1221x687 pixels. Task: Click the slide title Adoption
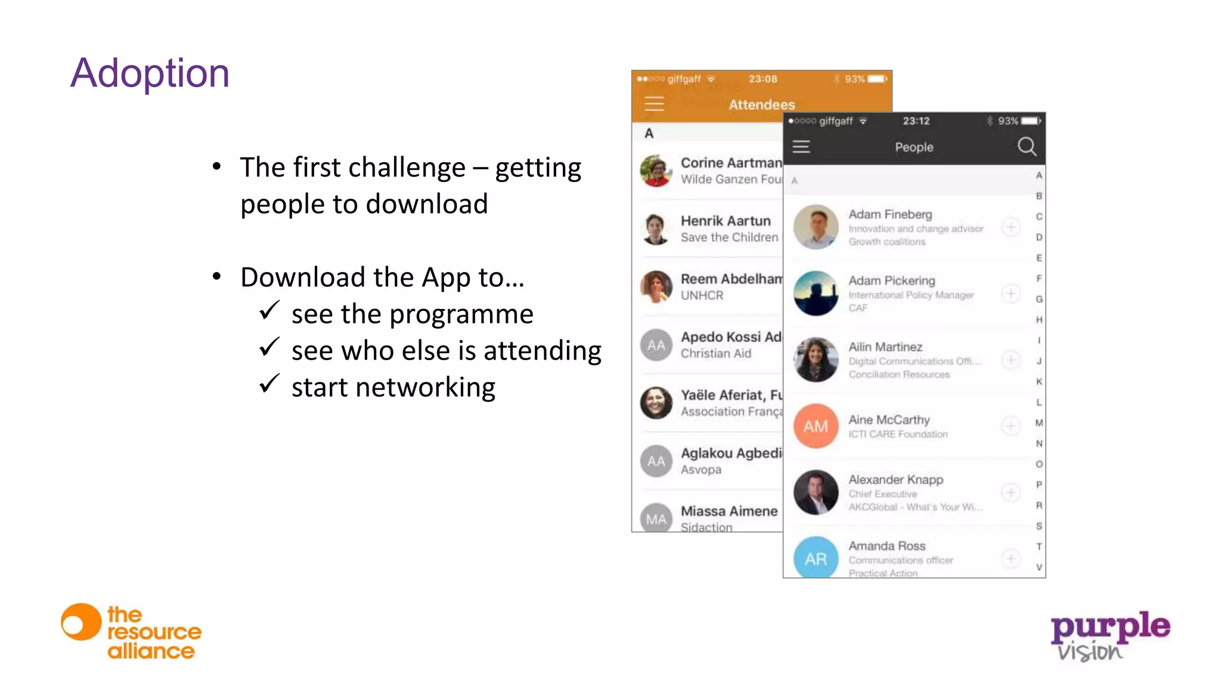(x=150, y=73)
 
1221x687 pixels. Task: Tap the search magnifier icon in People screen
(x=1027, y=146)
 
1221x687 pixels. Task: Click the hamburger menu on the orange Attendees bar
(x=654, y=104)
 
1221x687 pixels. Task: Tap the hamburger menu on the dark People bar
(x=801, y=147)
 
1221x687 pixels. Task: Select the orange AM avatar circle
(x=816, y=426)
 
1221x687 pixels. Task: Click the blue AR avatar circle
(x=816, y=558)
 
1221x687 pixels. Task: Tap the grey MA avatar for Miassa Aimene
(x=656, y=519)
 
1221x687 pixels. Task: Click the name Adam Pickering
(x=891, y=280)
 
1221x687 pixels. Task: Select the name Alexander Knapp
(x=895, y=479)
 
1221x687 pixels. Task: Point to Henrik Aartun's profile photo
(x=656, y=229)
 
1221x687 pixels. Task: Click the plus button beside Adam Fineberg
(x=1011, y=227)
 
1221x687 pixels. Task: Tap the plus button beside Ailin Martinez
(x=1011, y=360)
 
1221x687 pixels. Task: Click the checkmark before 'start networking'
(x=269, y=383)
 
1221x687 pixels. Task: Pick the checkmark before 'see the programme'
(x=269, y=310)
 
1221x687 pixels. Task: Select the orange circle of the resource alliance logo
(x=80, y=623)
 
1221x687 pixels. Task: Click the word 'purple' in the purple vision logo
(x=1110, y=627)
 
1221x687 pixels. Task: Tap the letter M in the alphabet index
(x=1039, y=423)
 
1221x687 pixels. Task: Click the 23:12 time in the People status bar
(x=916, y=121)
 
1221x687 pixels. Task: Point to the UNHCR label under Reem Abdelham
(x=702, y=296)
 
